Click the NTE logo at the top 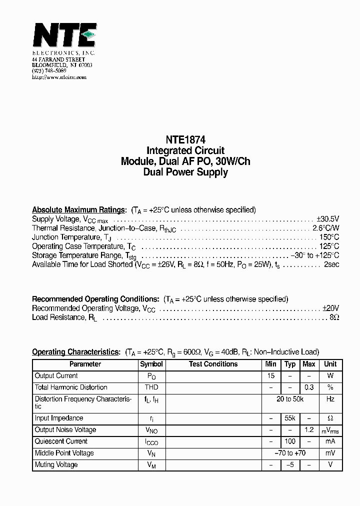[63, 36]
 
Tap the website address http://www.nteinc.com [59, 77]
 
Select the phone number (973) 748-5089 [49, 71]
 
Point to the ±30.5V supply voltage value [327, 219]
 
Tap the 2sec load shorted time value [331, 264]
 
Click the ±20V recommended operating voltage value [330, 308]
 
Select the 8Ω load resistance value [335, 317]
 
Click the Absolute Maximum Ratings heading [78, 210]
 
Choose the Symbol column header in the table [151, 364]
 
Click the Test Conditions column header [213, 364]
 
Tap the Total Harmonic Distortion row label [71, 387]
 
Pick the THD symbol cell [151, 387]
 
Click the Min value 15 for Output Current [270, 376]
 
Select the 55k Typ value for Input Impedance [290, 418]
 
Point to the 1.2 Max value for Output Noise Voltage [309, 429]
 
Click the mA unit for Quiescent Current [330, 441]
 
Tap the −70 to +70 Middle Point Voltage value [290, 453]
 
